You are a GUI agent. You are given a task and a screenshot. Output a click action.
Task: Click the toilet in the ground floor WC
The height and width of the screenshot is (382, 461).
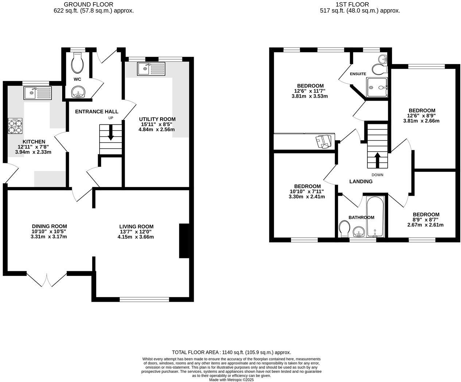point(77,63)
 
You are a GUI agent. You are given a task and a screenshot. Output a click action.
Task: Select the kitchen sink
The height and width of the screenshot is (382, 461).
point(38,93)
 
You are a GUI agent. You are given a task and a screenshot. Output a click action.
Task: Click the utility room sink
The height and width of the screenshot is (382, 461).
point(151,69)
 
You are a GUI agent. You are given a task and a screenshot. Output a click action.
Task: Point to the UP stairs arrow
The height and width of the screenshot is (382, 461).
point(111,137)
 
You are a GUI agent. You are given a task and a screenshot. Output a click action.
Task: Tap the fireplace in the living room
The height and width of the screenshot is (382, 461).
point(184,241)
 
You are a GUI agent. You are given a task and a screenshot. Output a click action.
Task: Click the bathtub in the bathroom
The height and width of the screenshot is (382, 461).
point(375,218)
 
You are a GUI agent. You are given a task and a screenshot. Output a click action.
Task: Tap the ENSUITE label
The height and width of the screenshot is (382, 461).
point(358,74)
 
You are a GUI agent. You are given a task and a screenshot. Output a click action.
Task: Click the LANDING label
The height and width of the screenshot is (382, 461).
point(361,182)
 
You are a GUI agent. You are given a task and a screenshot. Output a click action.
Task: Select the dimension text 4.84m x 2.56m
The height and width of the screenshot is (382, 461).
point(157,129)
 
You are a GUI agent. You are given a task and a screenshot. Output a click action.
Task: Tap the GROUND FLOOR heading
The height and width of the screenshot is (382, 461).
point(88,4)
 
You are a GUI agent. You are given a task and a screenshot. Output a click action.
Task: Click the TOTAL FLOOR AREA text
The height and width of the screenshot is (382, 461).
point(231,352)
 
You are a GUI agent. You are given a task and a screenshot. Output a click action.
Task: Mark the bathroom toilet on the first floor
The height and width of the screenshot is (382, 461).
point(344,229)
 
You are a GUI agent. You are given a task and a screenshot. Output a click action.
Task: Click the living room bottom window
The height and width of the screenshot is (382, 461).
point(144,299)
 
